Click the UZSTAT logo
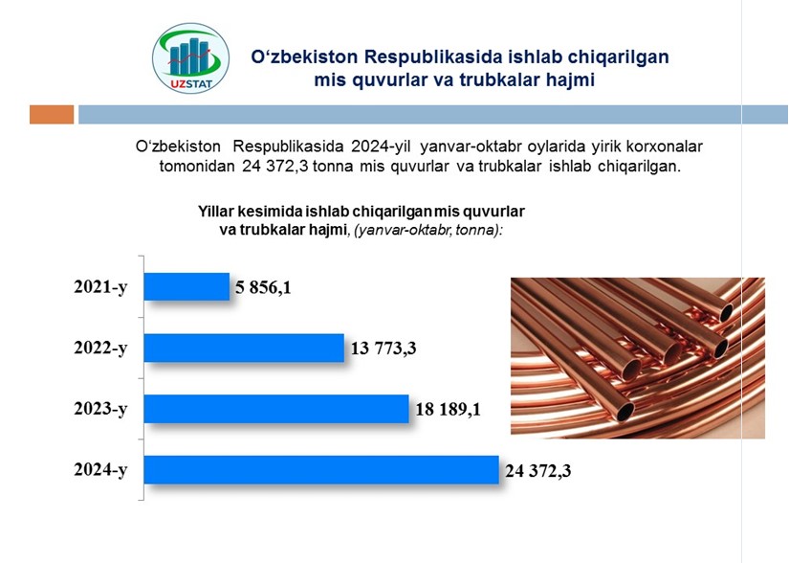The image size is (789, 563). click(x=190, y=58)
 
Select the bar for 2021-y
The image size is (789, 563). click(x=186, y=286)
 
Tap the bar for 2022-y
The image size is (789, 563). click(x=244, y=348)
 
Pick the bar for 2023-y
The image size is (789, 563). click(x=276, y=409)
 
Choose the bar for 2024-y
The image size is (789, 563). click(x=321, y=470)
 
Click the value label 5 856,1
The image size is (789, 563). click(x=263, y=287)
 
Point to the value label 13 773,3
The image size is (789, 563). click(x=384, y=348)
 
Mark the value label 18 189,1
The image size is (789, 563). click(x=448, y=409)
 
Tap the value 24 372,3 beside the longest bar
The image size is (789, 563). click(x=537, y=471)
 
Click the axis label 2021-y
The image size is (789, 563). click(x=100, y=286)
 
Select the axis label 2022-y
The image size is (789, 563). click(x=100, y=348)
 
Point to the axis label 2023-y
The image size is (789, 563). click(x=100, y=409)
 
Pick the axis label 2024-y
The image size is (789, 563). click(x=100, y=469)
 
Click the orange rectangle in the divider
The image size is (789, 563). click(x=52, y=114)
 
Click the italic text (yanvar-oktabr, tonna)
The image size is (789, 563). click(x=427, y=230)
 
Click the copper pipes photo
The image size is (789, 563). click(x=638, y=358)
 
